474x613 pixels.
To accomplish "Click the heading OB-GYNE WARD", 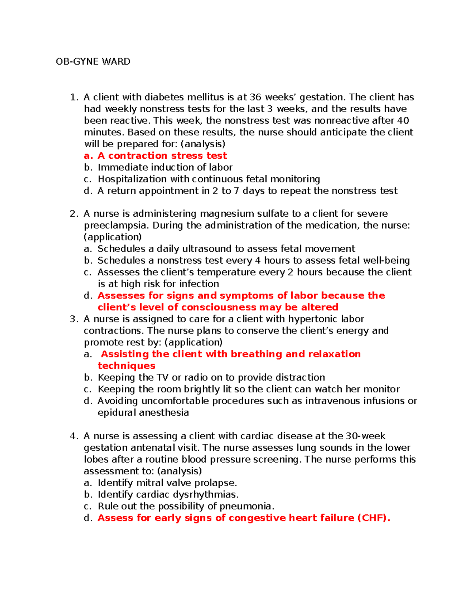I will click(x=93, y=62).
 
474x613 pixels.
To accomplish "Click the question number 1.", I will click(x=73, y=97).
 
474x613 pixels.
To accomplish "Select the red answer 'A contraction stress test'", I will click(x=162, y=156).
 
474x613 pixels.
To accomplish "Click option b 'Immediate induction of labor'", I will click(x=165, y=167).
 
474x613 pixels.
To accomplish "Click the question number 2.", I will click(x=73, y=214).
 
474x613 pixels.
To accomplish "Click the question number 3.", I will click(x=73, y=319).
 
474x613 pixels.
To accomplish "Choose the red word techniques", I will click(x=126, y=366).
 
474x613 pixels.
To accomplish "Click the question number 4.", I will click(x=73, y=436).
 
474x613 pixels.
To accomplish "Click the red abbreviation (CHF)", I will click(x=373, y=518).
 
